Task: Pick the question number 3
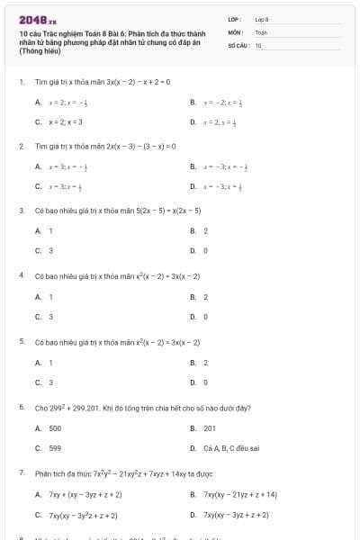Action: point(21,211)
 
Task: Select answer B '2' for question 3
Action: point(206,231)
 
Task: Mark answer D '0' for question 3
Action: point(206,251)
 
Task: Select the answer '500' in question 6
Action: point(55,428)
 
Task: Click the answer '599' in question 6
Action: point(55,448)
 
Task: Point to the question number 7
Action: point(21,472)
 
